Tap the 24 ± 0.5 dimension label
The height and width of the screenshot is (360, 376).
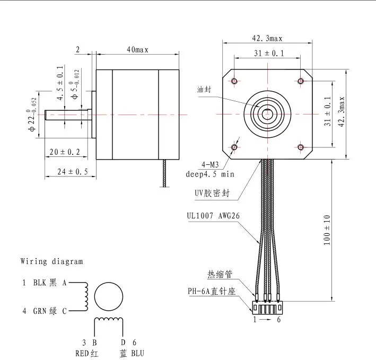67,171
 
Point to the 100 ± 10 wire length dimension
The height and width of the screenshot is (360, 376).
327,229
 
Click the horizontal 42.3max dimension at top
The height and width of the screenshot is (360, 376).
267,38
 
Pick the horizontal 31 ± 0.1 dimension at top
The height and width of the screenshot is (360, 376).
268,53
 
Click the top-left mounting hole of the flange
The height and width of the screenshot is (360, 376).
234,81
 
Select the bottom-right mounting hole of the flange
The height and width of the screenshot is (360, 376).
301,147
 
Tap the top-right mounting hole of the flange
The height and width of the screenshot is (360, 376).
301,81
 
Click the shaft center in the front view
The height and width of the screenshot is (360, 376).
267,113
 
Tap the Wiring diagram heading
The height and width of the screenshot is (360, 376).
51,261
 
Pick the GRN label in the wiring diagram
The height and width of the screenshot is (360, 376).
41,311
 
